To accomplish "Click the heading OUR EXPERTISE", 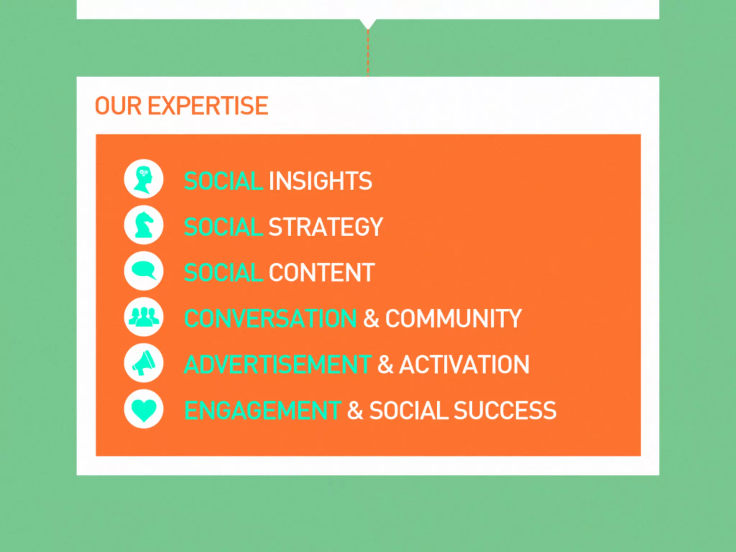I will pyautogui.click(x=181, y=106).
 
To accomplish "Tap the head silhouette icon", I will pyautogui.click(x=143, y=179).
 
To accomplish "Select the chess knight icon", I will pyautogui.click(x=143, y=225).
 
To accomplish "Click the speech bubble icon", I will pyautogui.click(x=143, y=271).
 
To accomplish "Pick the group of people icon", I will pyautogui.click(x=143, y=317).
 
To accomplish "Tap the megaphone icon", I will pyautogui.click(x=143, y=363).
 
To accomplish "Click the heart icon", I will pyautogui.click(x=143, y=409).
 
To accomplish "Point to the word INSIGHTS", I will pyautogui.click(x=320, y=181).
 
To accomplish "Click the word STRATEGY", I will pyautogui.click(x=326, y=227).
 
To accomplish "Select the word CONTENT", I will pyautogui.click(x=322, y=272).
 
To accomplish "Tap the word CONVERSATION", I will pyautogui.click(x=270, y=318).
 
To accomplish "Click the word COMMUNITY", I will pyautogui.click(x=453, y=318).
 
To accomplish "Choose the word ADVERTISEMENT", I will pyautogui.click(x=277, y=364).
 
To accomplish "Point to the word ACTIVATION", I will pyautogui.click(x=464, y=364).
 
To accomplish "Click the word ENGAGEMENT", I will pyautogui.click(x=262, y=410).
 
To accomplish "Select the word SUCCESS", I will pyautogui.click(x=505, y=410).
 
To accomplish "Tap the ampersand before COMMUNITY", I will pyautogui.click(x=371, y=318).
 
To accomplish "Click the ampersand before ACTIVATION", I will pyautogui.click(x=385, y=364).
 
